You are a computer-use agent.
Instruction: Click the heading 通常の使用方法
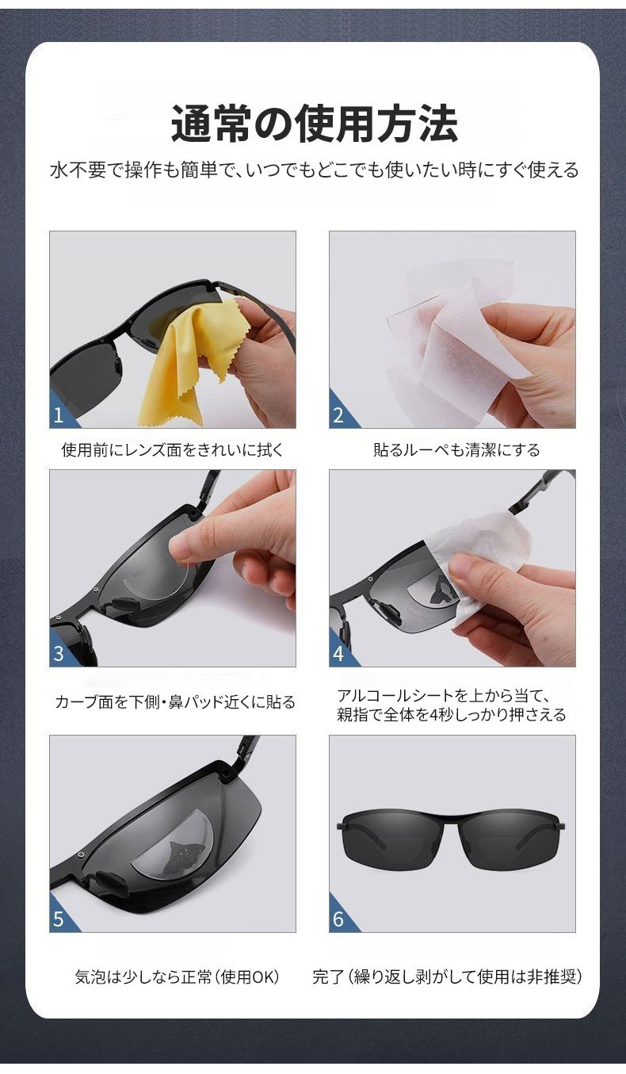coord(315,124)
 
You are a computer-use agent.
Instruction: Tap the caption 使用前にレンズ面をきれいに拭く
coord(173,449)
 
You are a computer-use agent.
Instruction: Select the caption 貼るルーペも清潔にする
coord(456,449)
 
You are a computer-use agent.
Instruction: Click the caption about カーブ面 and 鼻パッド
coord(175,702)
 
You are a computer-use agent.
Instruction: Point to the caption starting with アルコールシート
coord(451,705)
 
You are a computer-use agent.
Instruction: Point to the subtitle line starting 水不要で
coord(315,170)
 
